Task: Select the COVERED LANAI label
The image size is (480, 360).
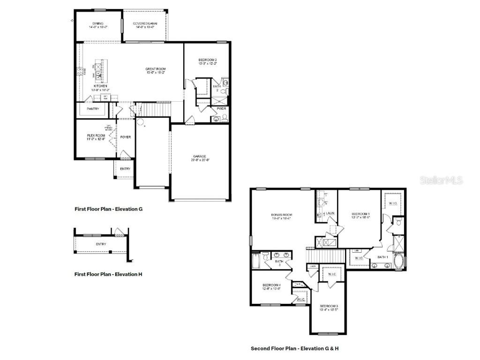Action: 144,23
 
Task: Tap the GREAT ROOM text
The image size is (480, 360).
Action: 155,69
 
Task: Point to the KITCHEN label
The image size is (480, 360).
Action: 100,86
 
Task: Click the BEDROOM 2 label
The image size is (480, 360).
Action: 207,60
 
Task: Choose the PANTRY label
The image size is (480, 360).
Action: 92,109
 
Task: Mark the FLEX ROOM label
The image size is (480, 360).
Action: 95,135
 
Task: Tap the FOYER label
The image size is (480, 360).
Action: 125,137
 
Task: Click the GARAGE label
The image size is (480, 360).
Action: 199,157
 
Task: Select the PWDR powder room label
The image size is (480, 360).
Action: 221,109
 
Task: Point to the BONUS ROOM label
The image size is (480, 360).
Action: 281,215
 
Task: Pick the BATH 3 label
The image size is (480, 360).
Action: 279,262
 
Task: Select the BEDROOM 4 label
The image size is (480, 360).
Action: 271,285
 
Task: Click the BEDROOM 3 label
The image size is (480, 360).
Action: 329,306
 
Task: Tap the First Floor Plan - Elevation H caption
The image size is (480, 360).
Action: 108,274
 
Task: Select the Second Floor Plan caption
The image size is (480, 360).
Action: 294,348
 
